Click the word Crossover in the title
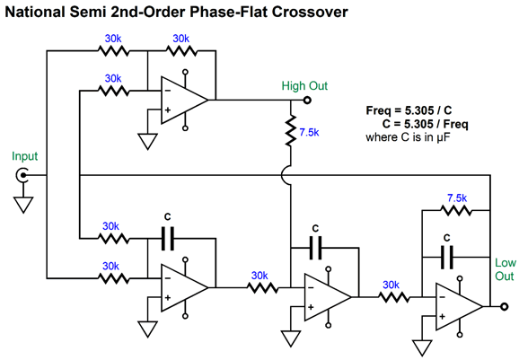pyautogui.click(x=310, y=12)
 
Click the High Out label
pyautogui.click(x=304, y=85)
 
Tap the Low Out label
pyautogui.click(x=506, y=269)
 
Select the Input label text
pyautogui.click(x=25, y=156)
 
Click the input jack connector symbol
pyautogui.click(x=22, y=175)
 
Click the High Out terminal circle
pyautogui.click(x=307, y=100)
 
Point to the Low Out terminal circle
pyautogui.click(x=504, y=307)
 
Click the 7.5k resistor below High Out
pyautogui.click(x=291, y=130)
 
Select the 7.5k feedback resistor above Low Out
pyautogui.click(x=456, y=210)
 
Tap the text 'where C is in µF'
pyautogui.click(x=409, y=137)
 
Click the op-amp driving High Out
pyautogui.click(x=184, y=100)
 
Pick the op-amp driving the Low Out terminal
pyautogui.click(x=459, y=307)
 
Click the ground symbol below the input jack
pyautogui.click(x=23, y=205)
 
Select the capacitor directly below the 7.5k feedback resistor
pyautogui.click(x=447, y=257)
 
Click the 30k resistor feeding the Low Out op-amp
pyautogui.click(x=393, y=297)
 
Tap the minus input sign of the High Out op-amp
pyautogui.click(x=168, y=91)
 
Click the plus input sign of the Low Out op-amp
pyautogui.click(x=442, y=317)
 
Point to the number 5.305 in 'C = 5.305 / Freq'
pyautogui.click(x=418, y=124)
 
